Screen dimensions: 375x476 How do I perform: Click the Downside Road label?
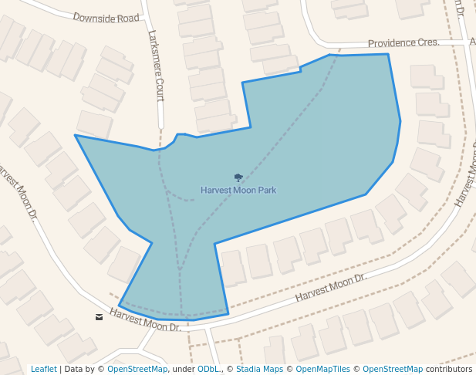pyautogui.click(x=106, y=16)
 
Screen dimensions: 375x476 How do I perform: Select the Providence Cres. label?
pyautogui.click(x=403, y=43)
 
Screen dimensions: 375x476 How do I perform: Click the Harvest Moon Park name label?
pyautogui.click(x=238, y=190)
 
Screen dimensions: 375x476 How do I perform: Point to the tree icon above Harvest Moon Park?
pyautogui.click(x=238, y=177)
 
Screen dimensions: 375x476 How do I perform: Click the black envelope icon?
pyautogui.click(x=99, y=316)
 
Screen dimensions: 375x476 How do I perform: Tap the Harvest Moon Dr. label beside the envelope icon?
pyautogui.click(x=144, y=319)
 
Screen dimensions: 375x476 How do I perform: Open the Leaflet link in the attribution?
pyautogui.click(x=44, y=370)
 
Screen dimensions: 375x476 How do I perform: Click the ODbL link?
pyautogui.click(x=208, y=370)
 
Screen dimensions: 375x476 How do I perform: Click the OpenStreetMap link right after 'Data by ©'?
pyautogui.click(x=137, y=370)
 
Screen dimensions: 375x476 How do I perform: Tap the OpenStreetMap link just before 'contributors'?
pyautogui.click(x=393, y=370)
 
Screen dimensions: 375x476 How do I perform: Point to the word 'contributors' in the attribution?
pyautogui.click(x=449, y=370)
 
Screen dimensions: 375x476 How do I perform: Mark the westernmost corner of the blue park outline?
pyautogui.click(x=75, y=135)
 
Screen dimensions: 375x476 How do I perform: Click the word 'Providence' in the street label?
pyautogui.click(x=393, y=43)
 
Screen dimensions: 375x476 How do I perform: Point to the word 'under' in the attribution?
pyautogui.click(x=184, y=370)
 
